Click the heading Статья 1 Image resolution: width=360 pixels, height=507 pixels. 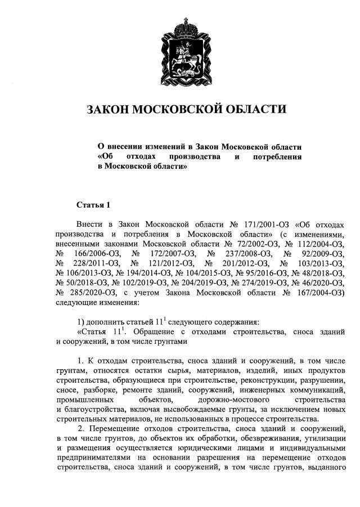[94, 204]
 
